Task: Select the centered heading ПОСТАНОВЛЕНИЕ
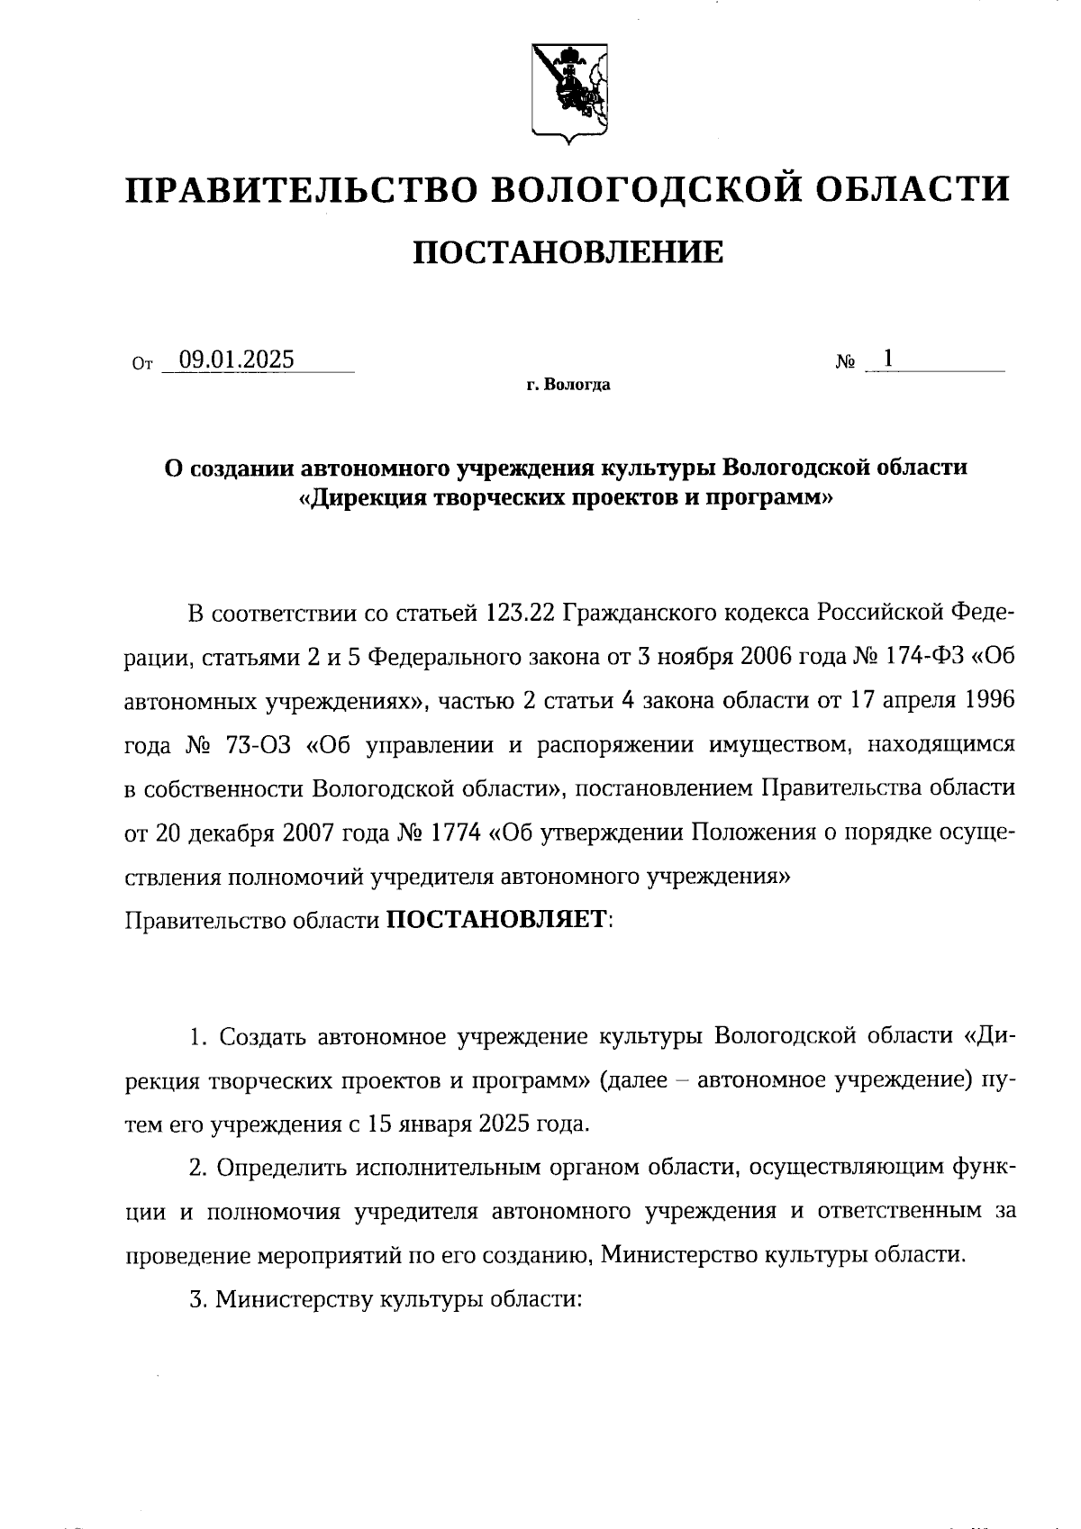(x=568, y=253)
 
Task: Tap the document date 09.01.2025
(x=237, y=359)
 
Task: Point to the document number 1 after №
(x=888, y=359)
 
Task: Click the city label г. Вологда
(x=568, y=386)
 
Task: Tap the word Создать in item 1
(x=264, y=1037)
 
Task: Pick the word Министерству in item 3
(x=294, y=1299)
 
